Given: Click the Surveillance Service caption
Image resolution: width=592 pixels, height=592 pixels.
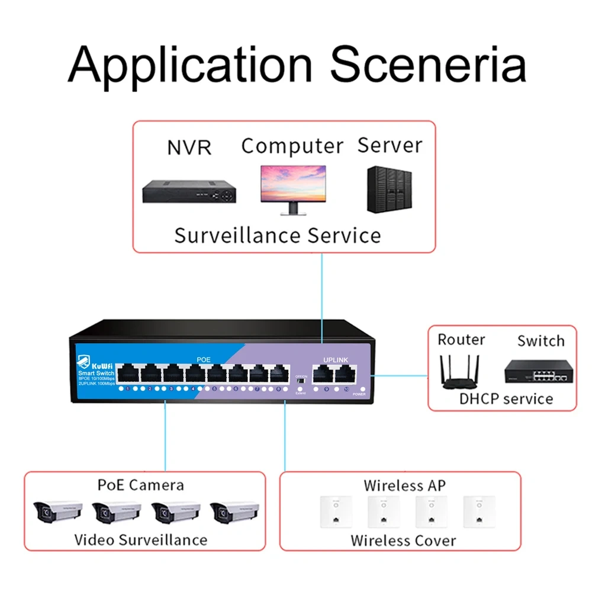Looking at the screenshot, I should click(x=278, y=236).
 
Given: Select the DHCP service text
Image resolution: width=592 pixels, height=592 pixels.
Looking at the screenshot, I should click(x=506, y=398).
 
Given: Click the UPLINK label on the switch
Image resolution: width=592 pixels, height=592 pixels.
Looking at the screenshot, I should click(x=337, y=359).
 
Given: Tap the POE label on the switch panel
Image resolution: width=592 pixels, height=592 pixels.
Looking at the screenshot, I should click(x=203, y=359).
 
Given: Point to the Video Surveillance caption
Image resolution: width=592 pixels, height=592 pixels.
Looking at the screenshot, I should click(x=141, y=540).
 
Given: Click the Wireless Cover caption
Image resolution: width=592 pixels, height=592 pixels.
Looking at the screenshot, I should click(x=403, y=540).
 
